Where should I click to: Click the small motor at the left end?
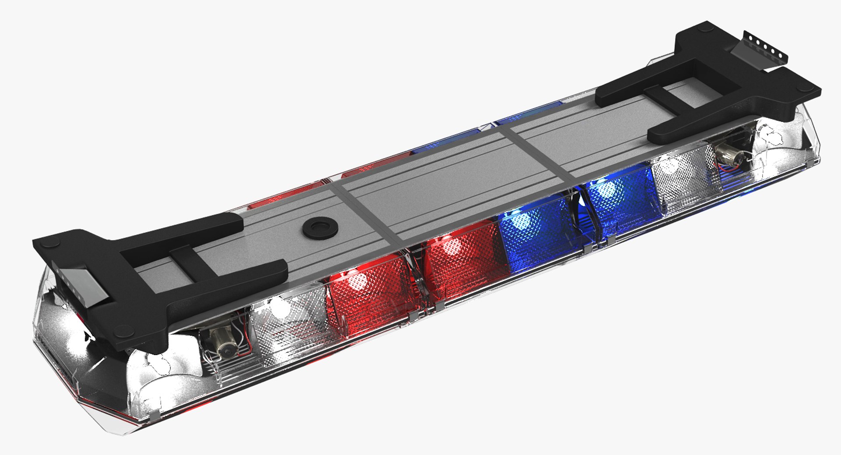pyautogui.click(x=223, y=342)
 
